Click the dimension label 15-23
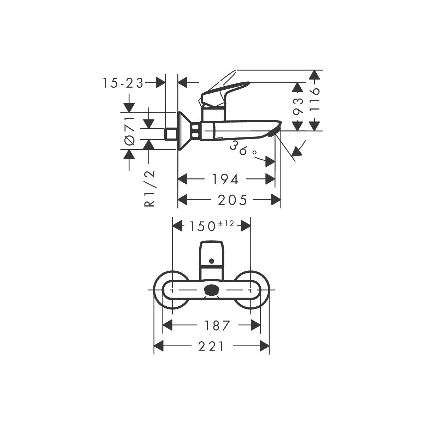(x=123, y=83)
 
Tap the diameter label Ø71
(x=130, y=131)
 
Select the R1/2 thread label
(x=149, y=189)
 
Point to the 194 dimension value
(x=225, y=179)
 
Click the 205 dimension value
(x=232, y=200)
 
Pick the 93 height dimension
(x=298, y=106)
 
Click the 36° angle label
(x=243, y=148)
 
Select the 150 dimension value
(x=202, y=226)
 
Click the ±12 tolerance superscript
(x=226, y=224)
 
